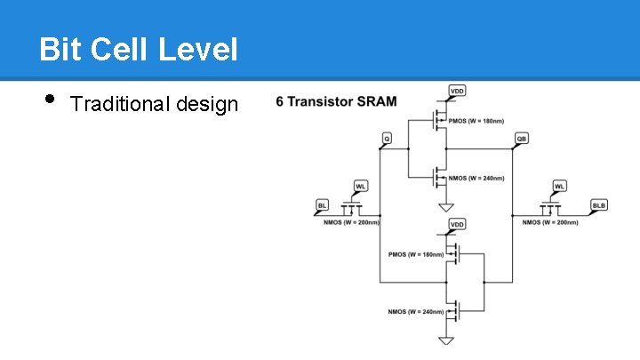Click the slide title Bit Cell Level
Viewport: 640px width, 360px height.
(139, 50)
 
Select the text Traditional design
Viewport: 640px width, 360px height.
(154, 105)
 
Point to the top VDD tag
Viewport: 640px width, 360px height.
(457, 91)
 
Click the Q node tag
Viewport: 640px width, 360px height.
(387, 139)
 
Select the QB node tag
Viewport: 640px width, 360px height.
(522, 139)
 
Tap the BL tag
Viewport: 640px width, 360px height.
(322, 205)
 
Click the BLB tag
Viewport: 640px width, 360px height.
(599, 205)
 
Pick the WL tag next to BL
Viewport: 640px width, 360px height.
(361, 186)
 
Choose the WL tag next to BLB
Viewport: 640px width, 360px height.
(559, 186)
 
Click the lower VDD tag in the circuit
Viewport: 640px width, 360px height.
(457, 224)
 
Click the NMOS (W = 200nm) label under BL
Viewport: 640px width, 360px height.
(351, 222)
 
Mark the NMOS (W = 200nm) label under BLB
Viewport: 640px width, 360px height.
(551, 222)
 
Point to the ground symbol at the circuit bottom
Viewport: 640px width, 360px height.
(445, 341)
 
